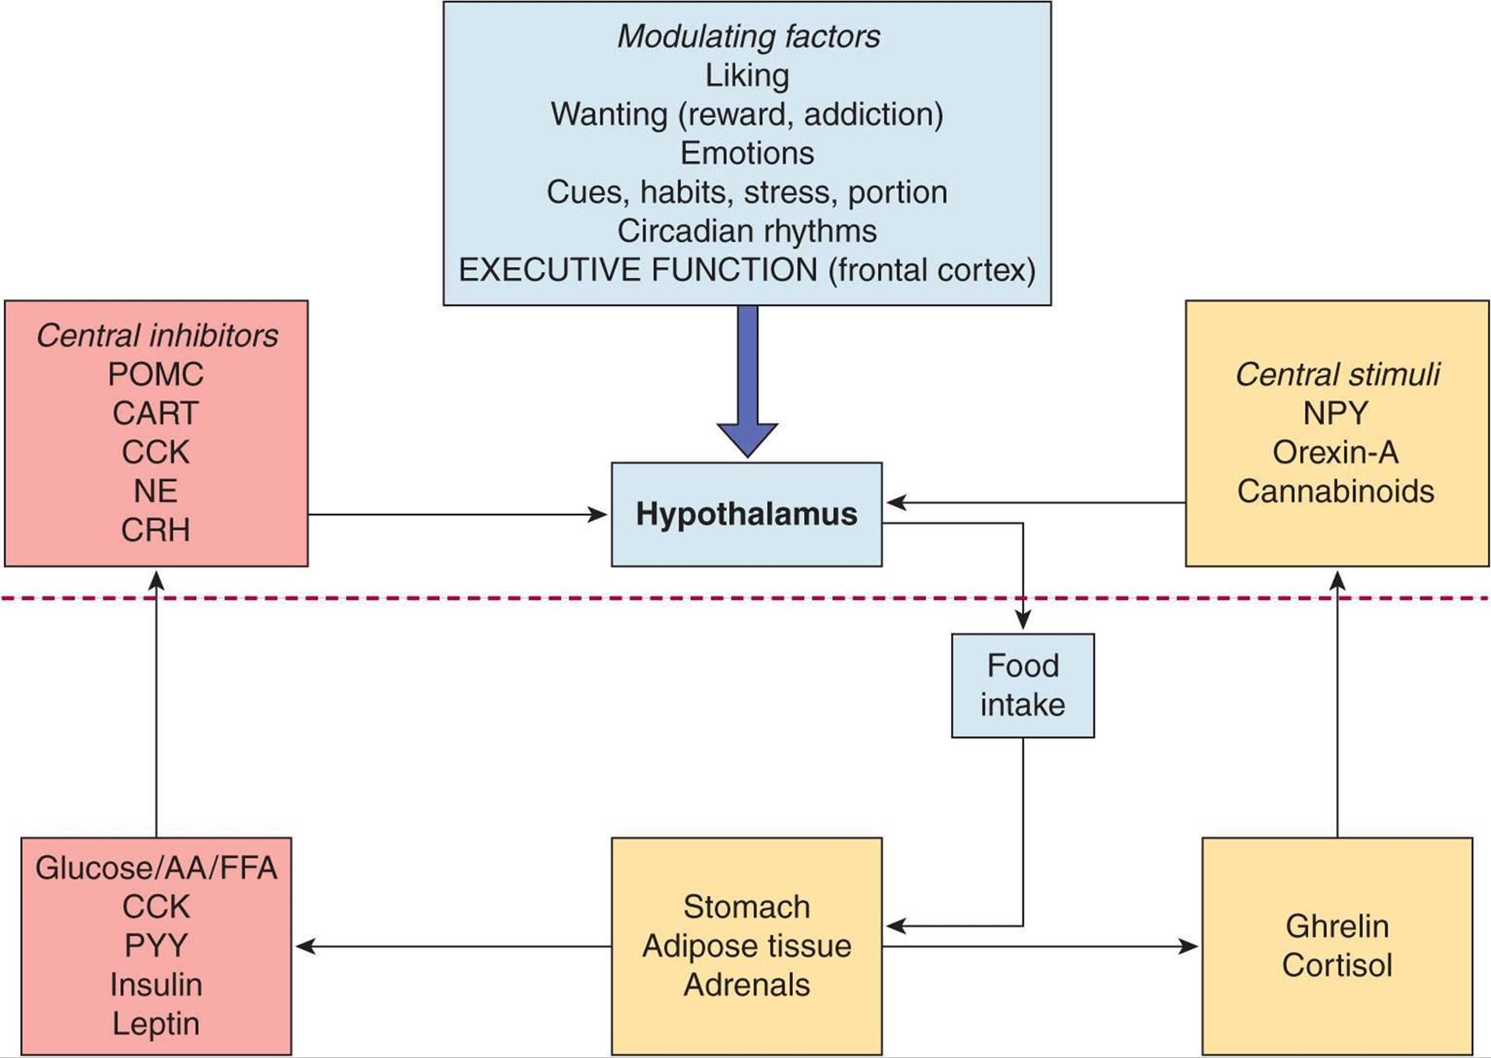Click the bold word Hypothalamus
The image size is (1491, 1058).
[746, 514]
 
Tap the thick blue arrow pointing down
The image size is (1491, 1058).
[747, 381]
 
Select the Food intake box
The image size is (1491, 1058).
[1023, 685]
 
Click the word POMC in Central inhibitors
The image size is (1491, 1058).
[156, 374]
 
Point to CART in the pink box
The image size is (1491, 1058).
[156, 413]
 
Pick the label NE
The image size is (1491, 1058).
[156, 491]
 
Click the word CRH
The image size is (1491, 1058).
[156, 530]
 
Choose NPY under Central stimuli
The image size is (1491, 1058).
[1335, 413]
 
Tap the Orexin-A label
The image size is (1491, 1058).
[1335, 452]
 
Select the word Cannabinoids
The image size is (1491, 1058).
[1335, 491]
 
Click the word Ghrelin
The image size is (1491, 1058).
[1337, 926]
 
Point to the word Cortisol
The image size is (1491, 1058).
[1337, 965]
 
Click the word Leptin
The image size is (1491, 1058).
[156, 1024]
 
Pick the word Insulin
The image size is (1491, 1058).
[156, 985]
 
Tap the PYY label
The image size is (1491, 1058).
[156, 946]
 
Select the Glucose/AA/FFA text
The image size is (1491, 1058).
[156, 868]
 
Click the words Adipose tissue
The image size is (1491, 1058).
[746, 946]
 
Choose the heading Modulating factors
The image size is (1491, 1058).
[748, 37]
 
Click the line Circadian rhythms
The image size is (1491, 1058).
[747, 231]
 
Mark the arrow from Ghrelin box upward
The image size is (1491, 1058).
[1338, 701]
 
